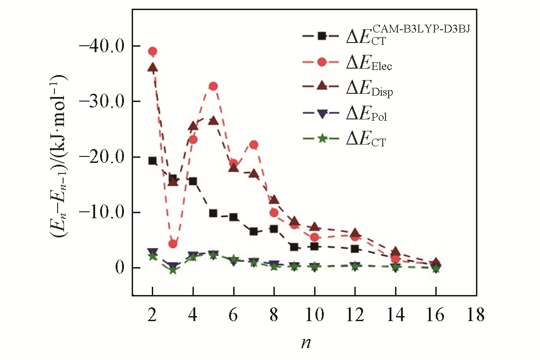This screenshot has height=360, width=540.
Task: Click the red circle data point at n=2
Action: click(x=153, y=51)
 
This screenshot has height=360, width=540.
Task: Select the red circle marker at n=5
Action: click(x=213, y=86)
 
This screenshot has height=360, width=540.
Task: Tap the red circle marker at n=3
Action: click(x=173, y=244)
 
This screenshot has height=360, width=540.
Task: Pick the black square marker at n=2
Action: click(x=153, y=161)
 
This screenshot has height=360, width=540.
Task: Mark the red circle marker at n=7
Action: click(x=254, y=145)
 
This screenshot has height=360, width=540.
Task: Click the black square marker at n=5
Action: click(x=213, y=213)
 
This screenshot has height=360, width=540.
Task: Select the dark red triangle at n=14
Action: click(x=396, y=252)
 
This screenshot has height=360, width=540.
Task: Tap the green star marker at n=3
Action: click(x=173, y=270)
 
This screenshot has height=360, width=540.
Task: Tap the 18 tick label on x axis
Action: click(x=476, y=315)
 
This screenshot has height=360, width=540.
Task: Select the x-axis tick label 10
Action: click(x=315, y=315)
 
